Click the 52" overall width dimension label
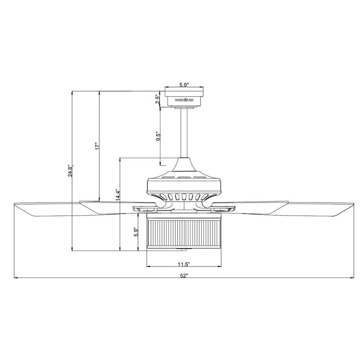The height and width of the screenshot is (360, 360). point(184,275)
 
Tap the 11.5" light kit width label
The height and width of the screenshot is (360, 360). point(184,264)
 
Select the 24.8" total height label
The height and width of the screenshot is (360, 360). point(70,171)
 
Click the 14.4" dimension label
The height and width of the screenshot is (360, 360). point(117,197)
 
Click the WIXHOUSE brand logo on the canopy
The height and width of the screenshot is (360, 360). point(184,101)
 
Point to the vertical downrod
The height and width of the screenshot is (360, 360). point(184,133)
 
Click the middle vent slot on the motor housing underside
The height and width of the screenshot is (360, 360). point(184,197)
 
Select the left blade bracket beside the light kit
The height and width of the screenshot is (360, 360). point(143,208)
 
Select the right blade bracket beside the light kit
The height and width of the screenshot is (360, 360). point(224,208)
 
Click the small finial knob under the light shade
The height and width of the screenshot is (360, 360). point(184,249)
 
